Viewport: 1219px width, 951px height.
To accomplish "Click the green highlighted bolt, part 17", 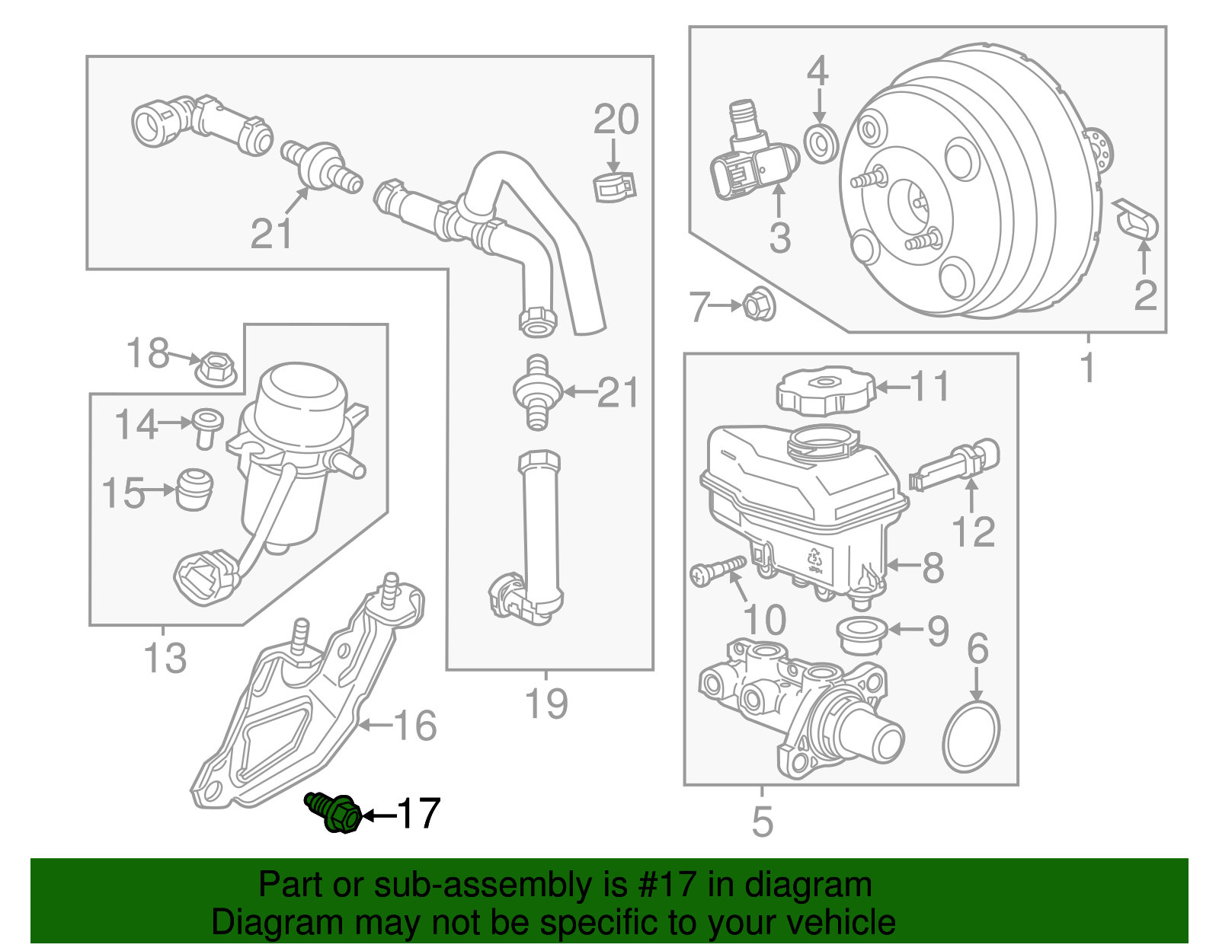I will (336, 812).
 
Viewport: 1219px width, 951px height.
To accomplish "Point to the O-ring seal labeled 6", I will (971, 736).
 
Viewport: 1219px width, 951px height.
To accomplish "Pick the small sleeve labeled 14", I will (206, 426).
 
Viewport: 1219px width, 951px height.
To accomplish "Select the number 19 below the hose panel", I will (546, 704).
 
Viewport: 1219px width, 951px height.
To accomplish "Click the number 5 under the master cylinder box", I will (762, 822).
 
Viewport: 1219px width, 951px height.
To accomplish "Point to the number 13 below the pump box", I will (165, 658).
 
